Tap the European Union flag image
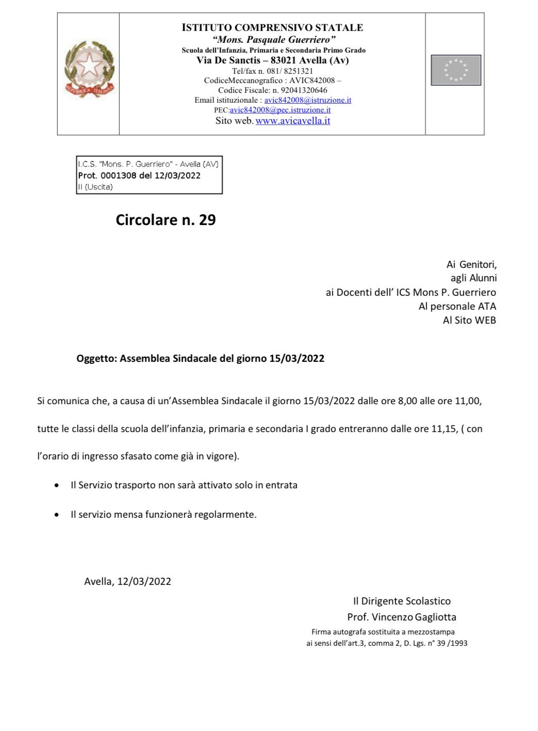click(x=455, y=70)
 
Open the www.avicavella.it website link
click(x=292, y=121)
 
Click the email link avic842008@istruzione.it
click(x=307, y=100)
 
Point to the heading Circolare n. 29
click(x=166, y=220)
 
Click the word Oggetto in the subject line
click(x=96, y=358)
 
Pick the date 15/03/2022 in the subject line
click(x=297, y=358)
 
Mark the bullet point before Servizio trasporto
click(x=57, y=485)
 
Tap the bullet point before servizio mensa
click(x=57, y=515)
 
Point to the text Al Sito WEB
click(x=469, y=320)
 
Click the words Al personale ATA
click(x=457, y=306)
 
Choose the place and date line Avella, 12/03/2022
click(x=127, y=581)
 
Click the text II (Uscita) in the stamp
click(x=95, y=187)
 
